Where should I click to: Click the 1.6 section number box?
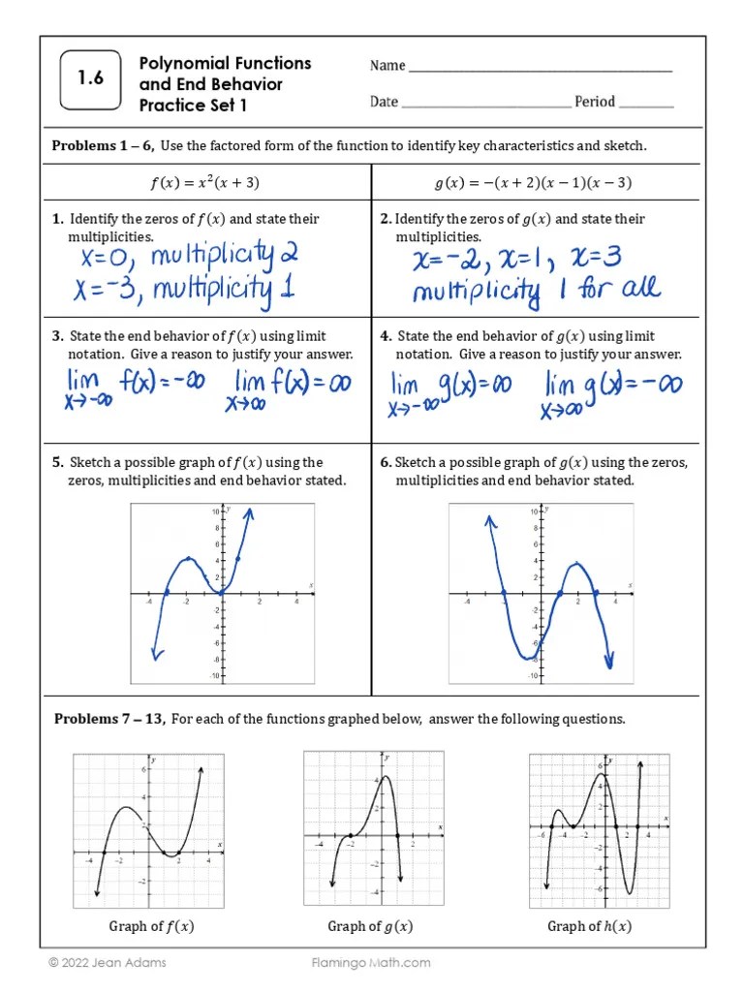pyautogui.click(x=92, y=80)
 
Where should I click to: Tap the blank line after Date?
pyautogui.click(x=485, y=105)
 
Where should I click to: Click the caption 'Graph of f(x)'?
pyautogui.click(x=151, y=926)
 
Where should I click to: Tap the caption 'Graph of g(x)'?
pyautogui.click(x=370, y=926)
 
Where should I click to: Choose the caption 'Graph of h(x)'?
pyautogui.click(x=589, y=926)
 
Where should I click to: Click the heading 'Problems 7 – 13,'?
pyautogui.click(x=109, y=719)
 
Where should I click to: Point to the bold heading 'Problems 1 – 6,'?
pyautogui.click(x=103, y=146)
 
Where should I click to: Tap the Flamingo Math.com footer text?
pyautogui.click(x=371, y=963)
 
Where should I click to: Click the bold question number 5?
pyautogui.click(x=56, y=462)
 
